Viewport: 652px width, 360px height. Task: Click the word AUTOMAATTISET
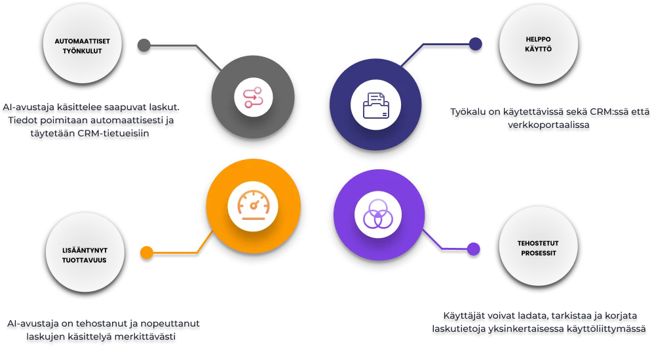(82, 40)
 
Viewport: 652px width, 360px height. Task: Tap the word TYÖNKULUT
(82, 50)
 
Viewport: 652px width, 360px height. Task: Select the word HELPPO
(538, 38)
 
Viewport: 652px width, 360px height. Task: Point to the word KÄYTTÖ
(538, 49)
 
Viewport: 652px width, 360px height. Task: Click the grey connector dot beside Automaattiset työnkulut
(144, 46)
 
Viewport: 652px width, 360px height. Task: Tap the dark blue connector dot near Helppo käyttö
(475, 45)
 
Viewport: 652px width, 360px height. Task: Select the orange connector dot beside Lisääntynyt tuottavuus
(147, 252)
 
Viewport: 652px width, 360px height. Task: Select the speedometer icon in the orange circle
(253, 206)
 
